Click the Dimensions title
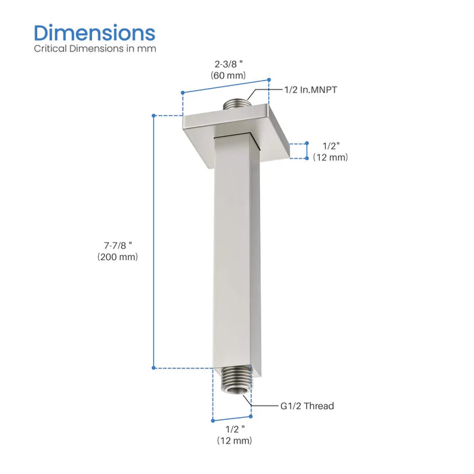tap(94, 33)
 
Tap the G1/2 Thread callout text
tap(307, 406)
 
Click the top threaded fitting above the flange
tap(236, 106)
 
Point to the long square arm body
tap(235, 257)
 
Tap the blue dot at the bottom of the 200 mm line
tap(154, 368)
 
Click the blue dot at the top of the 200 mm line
tap(154, 116)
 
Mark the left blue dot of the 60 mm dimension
tap(183, 91)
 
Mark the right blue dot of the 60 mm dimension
tap(269, 79)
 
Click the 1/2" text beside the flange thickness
tap(330, 145)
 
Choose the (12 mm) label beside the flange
tap(330, 157)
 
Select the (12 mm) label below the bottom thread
tap(234, 441)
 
